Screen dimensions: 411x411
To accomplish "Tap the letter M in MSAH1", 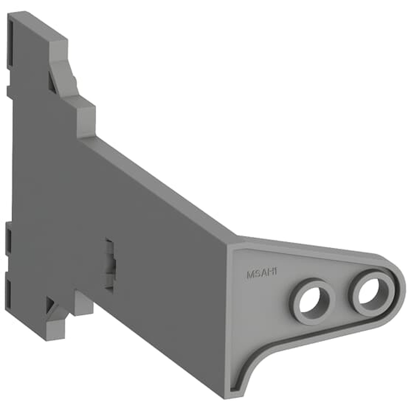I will [249, 275].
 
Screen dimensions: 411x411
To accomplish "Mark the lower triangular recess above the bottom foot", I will [51, 304].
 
